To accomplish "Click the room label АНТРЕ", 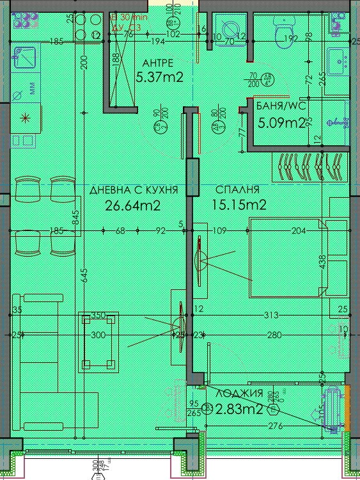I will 157,63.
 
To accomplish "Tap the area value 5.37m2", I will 160,77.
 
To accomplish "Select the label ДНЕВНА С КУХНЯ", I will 134,190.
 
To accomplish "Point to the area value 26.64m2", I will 132,205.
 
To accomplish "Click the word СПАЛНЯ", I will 237,190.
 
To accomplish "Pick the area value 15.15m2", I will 239,205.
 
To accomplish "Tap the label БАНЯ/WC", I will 279,106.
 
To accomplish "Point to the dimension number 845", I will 75,220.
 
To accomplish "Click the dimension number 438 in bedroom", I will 324,261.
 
